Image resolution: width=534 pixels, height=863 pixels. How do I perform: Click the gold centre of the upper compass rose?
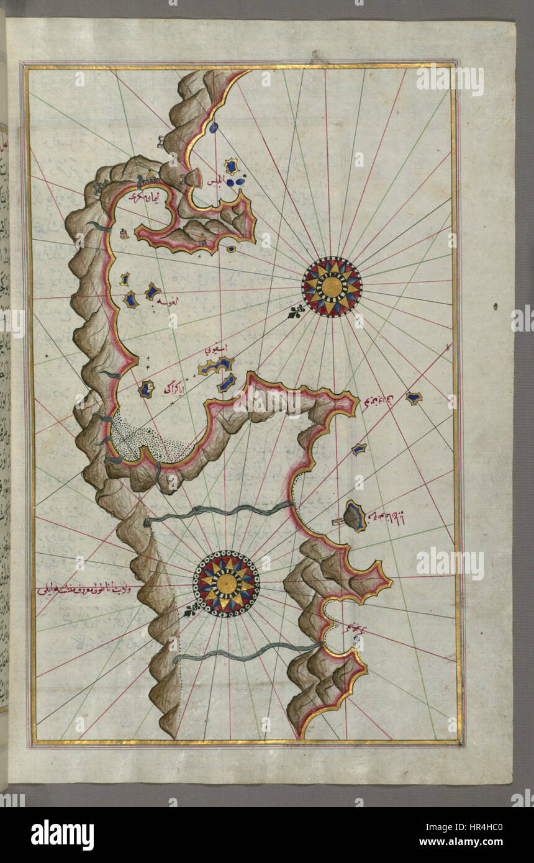pyautogui.click(x=332, y=286)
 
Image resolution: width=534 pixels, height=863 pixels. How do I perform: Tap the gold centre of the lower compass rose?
pyautogui.click(x=226, y=583)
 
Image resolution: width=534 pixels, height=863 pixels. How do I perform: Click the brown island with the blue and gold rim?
pyautogui.click(x=355, y=517)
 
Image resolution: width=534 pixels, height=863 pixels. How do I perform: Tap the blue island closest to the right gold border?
pyautogui.click(x=414, y=398)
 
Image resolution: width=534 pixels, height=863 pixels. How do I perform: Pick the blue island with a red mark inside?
pyautogui.click(x=146, y=390)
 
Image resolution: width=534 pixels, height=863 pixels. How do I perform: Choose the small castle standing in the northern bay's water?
pyautogui.click(x=125, y=233)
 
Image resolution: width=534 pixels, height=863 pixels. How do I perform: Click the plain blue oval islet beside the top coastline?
pyautogui.click(x=214, y=128)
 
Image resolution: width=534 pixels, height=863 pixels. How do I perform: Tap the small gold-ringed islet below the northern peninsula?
pyautogui.click(x=231, y=249)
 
